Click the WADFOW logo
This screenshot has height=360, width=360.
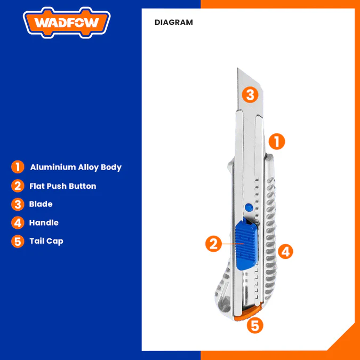coord(67,23)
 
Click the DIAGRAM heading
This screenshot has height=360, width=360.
coord(174,22)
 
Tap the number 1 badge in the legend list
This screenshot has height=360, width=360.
coord(18,167)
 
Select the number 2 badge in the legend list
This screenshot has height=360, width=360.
coord(18,186)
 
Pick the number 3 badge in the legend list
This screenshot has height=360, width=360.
coord(18,204)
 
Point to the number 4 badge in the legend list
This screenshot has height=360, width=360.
coord(18,222)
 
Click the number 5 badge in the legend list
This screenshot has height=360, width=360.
coord(18,241)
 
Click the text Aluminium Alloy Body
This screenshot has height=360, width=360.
coord(76,167)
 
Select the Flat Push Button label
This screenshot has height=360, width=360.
coord(63,186)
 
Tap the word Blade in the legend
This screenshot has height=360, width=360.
coord(41,204)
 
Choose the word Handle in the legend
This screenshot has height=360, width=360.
coord(44,222)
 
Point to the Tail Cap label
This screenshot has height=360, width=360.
coord(46,241)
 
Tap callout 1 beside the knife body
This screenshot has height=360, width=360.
coord(276,141)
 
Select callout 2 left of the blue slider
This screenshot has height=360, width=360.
coord(213,244)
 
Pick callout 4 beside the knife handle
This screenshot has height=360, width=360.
coord(285,251)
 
